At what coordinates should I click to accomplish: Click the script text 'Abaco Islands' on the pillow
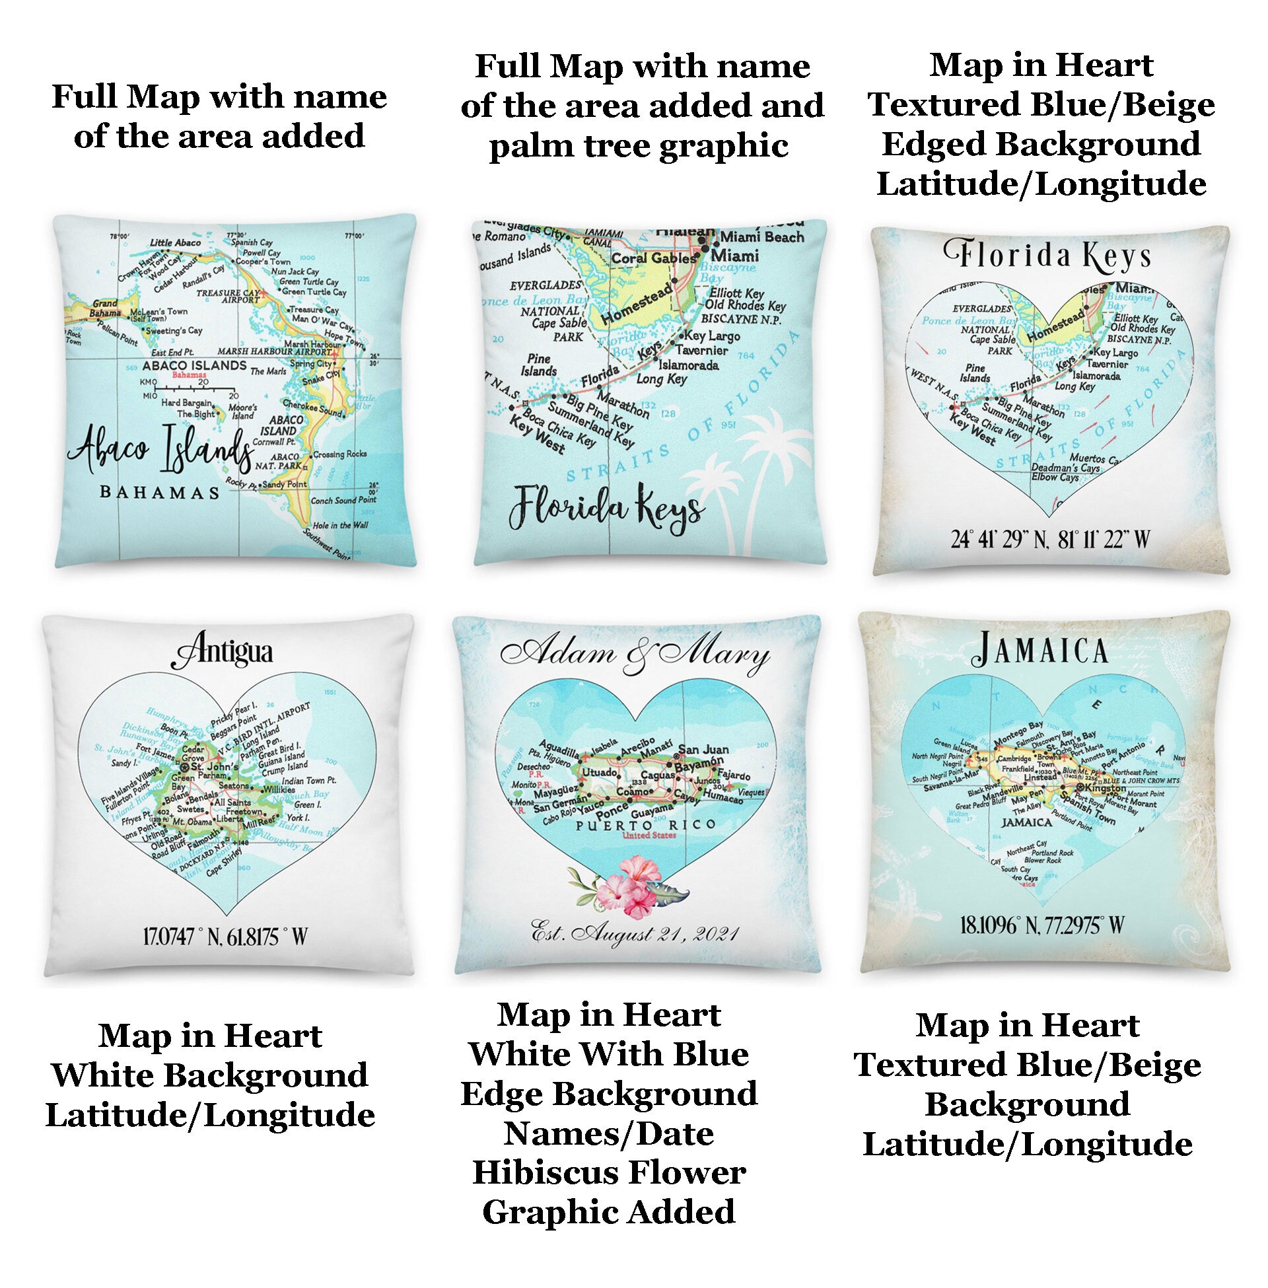click(160, 452)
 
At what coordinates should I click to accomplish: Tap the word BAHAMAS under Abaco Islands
click(159, 493)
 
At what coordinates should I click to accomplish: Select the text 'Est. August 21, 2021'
click(634, 935)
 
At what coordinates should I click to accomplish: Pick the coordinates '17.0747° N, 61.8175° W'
click(226, 936)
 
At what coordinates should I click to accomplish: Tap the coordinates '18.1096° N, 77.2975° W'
click(1042, 924)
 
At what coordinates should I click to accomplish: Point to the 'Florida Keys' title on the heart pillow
click(1048, 256)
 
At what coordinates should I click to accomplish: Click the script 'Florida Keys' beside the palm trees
click(606, 510)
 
